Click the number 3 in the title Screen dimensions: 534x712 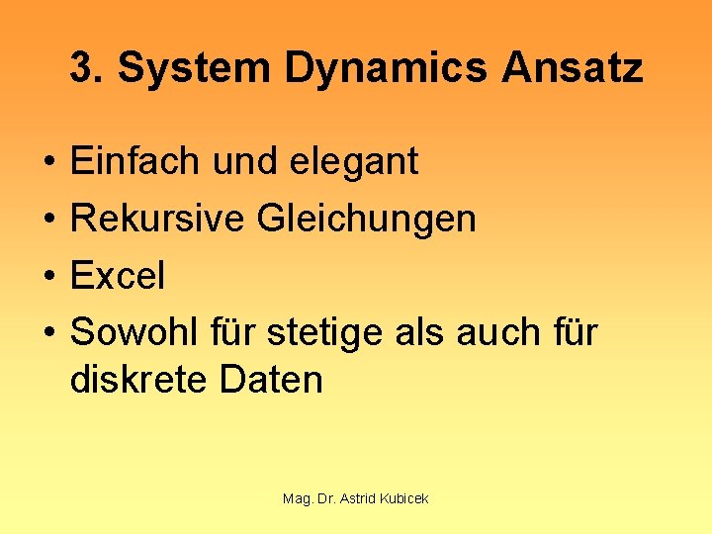coord(83,68)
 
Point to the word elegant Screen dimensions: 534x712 coord(354,161)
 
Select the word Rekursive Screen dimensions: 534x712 coord(156,219)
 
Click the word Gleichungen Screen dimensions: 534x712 coord(366,219)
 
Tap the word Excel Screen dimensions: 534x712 coord(118,276)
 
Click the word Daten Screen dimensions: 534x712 coord(271,380)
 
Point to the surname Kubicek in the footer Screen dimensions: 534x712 coord(405,498)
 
